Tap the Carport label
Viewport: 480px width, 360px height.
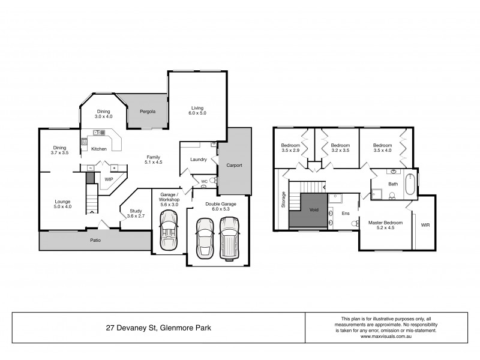click(x=234, y=165)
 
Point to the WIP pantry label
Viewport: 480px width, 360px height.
click(x=109, y=179)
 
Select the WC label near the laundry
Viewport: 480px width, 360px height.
click(x=204, y=181)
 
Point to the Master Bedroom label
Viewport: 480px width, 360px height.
click(x=385, y=225)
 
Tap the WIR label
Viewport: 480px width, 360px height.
click(x=425, y=226)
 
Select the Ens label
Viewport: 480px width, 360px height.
click(x=345, y=213)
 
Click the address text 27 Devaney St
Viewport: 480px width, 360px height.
click(x=158, y=328)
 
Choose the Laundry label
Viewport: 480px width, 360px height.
click(x=198, y=160)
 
